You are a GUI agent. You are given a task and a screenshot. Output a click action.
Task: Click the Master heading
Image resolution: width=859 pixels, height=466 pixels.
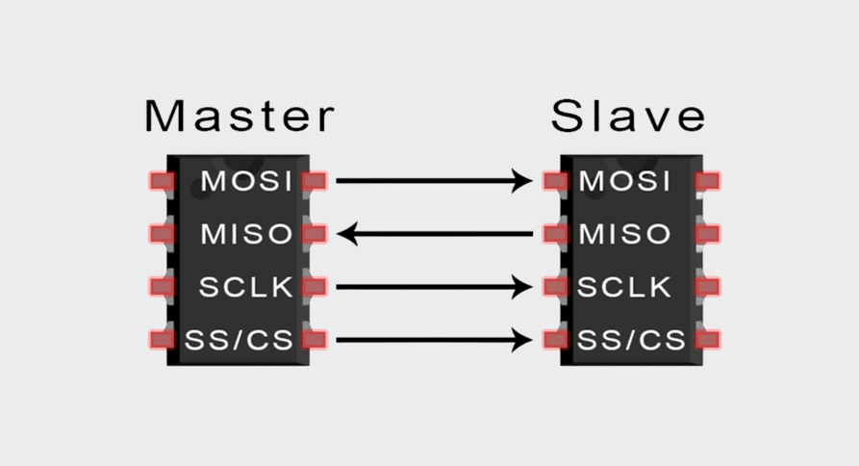(x=240, y=116)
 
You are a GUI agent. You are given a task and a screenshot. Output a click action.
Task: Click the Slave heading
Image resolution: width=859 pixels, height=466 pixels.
(x=628, y=116)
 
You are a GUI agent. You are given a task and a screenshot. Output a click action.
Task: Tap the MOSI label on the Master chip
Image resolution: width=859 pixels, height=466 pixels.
(x=247, y=180)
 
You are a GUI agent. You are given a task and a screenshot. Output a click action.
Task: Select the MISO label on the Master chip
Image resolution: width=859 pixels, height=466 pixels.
(x=247, y=233)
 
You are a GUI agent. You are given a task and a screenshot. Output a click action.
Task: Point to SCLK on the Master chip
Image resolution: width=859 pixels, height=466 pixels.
(x=246, y=286)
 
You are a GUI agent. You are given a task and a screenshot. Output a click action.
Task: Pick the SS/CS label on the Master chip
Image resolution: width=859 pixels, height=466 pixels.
(x=241, y=339)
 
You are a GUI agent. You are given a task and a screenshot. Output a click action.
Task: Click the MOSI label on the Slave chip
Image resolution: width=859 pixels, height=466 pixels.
(x=624, y=180)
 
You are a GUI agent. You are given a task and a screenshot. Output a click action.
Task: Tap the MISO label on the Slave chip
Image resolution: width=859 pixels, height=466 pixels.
(x=624, y=233)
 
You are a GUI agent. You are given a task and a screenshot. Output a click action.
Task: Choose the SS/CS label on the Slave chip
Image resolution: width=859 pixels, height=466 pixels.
(x=631, y=339)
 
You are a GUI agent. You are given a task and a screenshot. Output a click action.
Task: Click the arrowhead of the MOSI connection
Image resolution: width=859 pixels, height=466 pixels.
(x=522, y=180)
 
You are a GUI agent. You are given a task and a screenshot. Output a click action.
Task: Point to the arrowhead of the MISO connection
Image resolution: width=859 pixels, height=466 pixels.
(x=349, y=233)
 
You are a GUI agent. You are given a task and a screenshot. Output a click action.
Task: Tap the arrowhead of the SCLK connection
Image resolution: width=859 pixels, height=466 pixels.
(x=522, y=286)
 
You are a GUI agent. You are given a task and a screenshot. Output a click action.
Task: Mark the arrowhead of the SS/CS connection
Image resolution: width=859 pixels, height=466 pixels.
(x=522, y=339)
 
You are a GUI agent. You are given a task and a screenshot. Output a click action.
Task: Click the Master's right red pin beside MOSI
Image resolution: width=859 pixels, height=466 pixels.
(x=315, y=180)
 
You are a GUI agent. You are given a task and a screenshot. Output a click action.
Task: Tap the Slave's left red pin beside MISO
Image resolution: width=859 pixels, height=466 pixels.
(x=555, y=233)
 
